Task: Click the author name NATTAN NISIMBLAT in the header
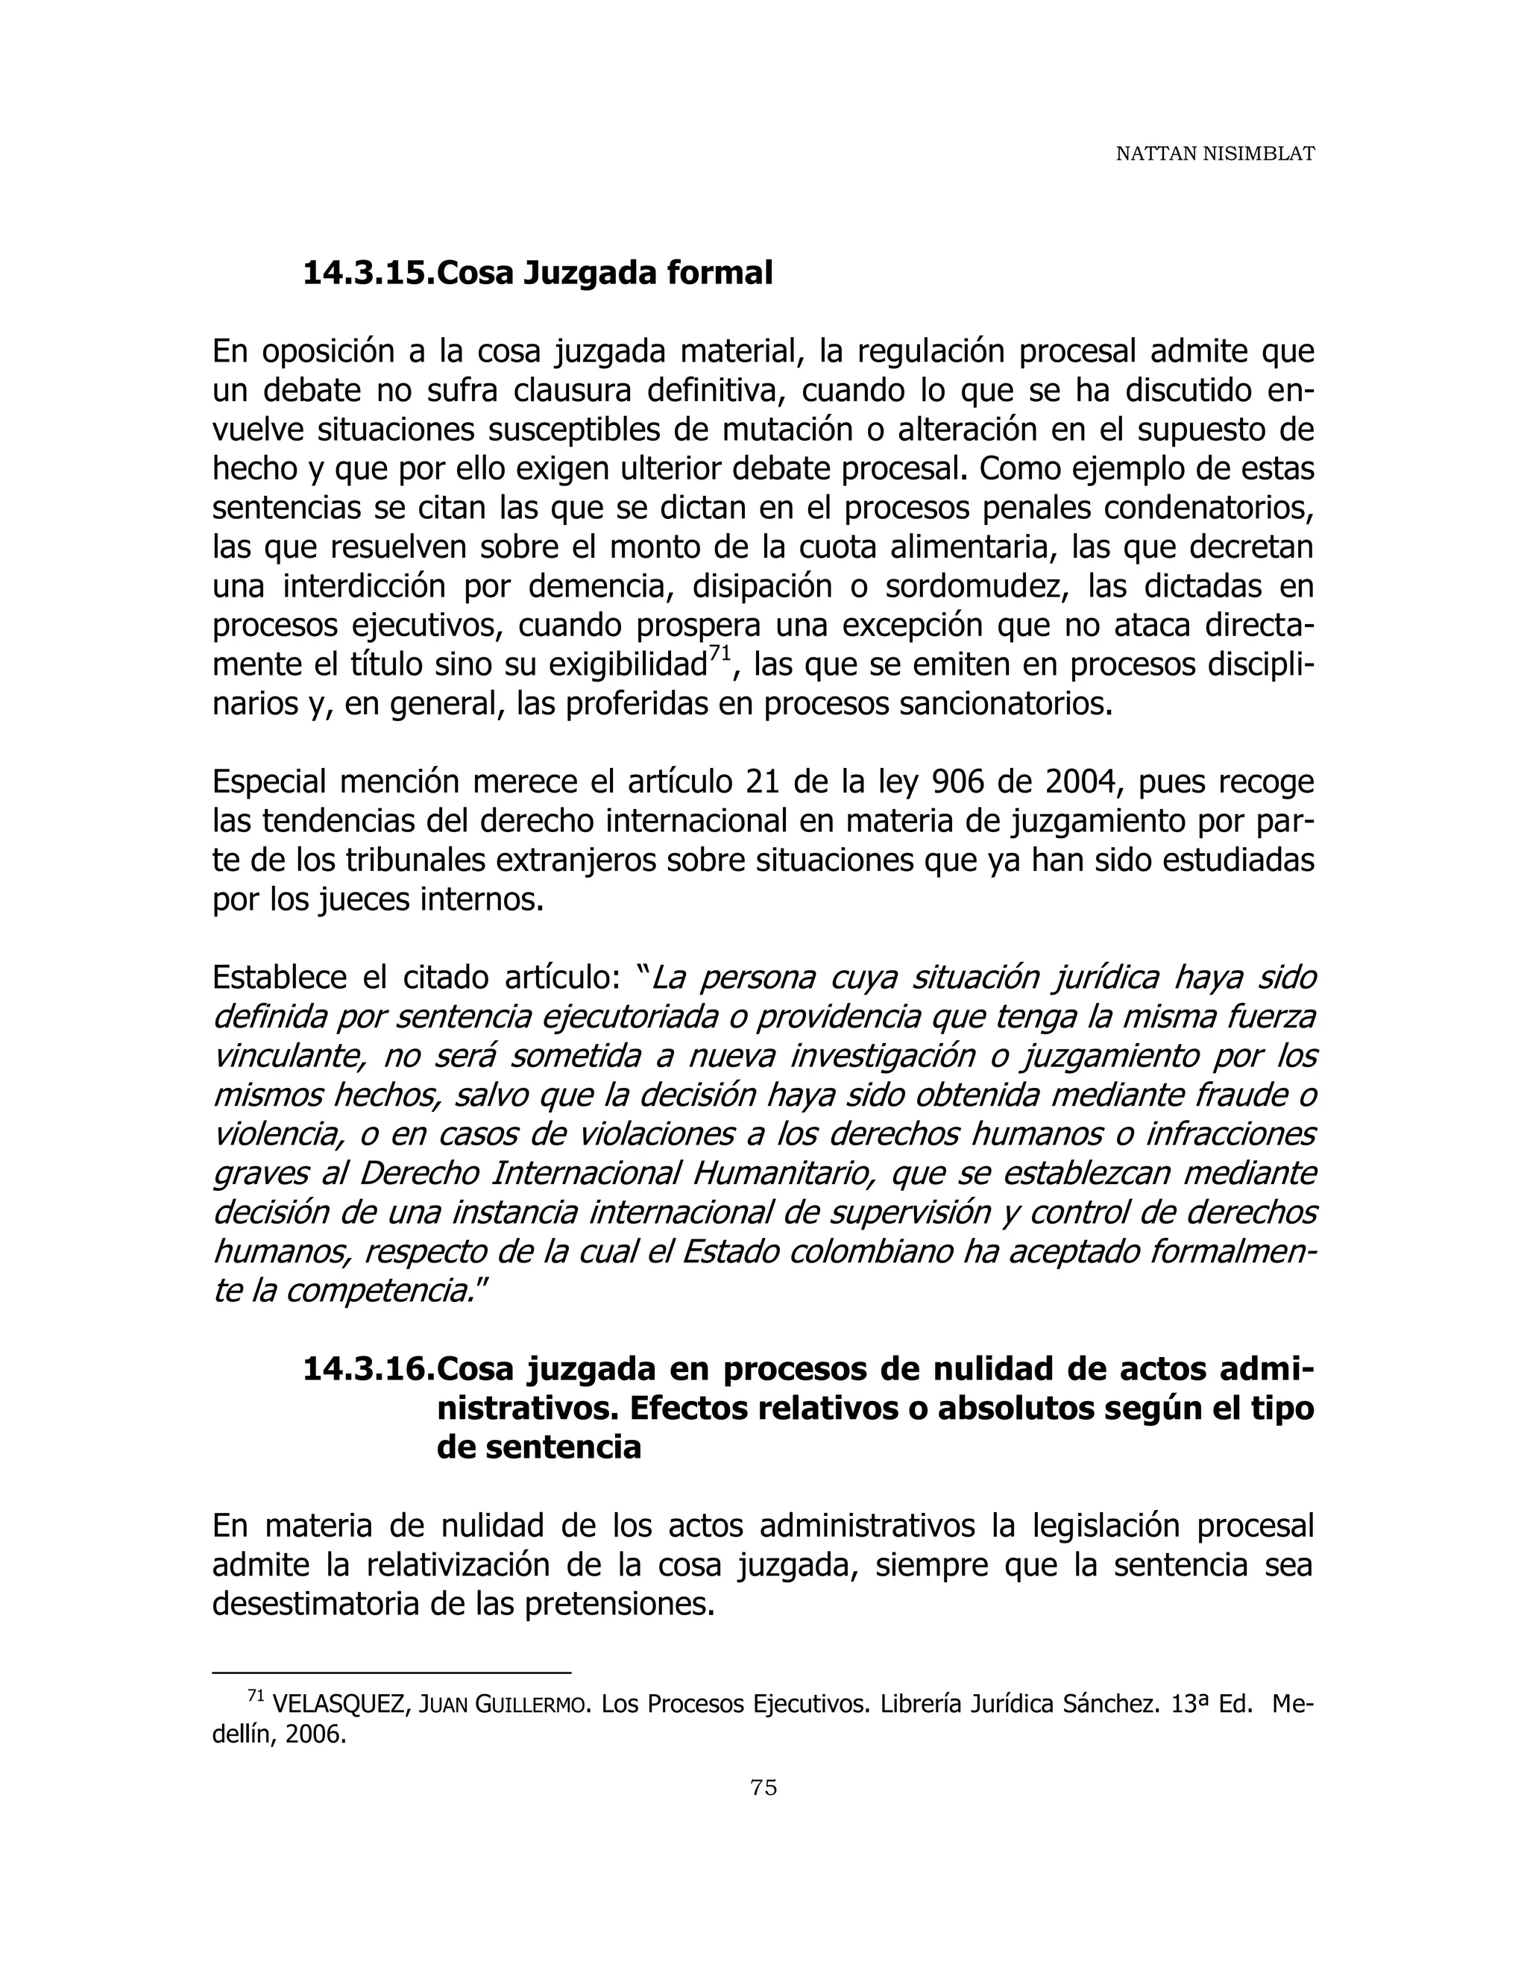coord(1214,154)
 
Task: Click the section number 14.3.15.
coord(368,272)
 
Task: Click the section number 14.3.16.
coord(368,1369)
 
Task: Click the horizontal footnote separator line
coord(391,1673)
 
